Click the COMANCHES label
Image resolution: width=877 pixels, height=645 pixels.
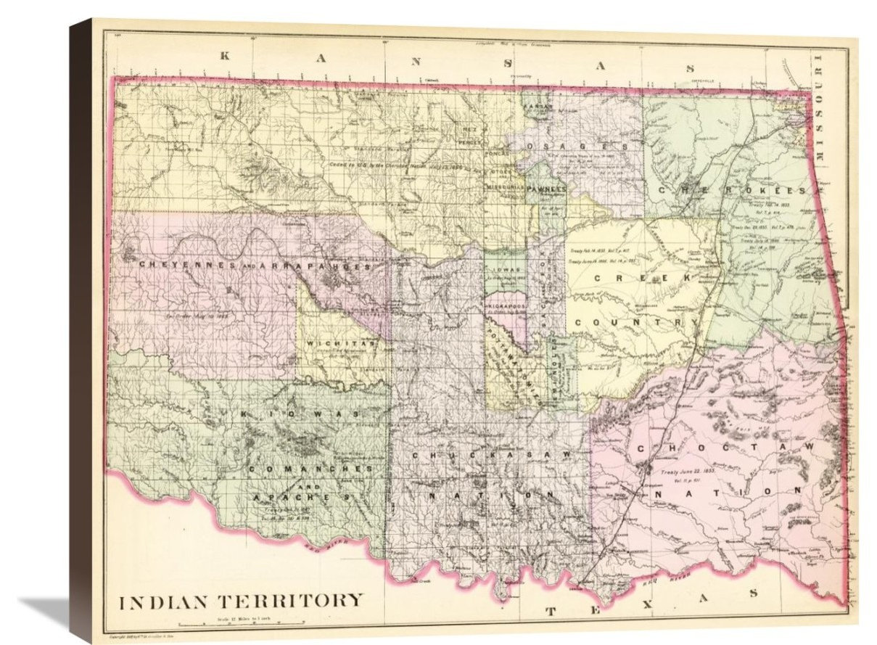(308, 469)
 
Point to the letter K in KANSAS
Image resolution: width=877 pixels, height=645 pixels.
(226, 55)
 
